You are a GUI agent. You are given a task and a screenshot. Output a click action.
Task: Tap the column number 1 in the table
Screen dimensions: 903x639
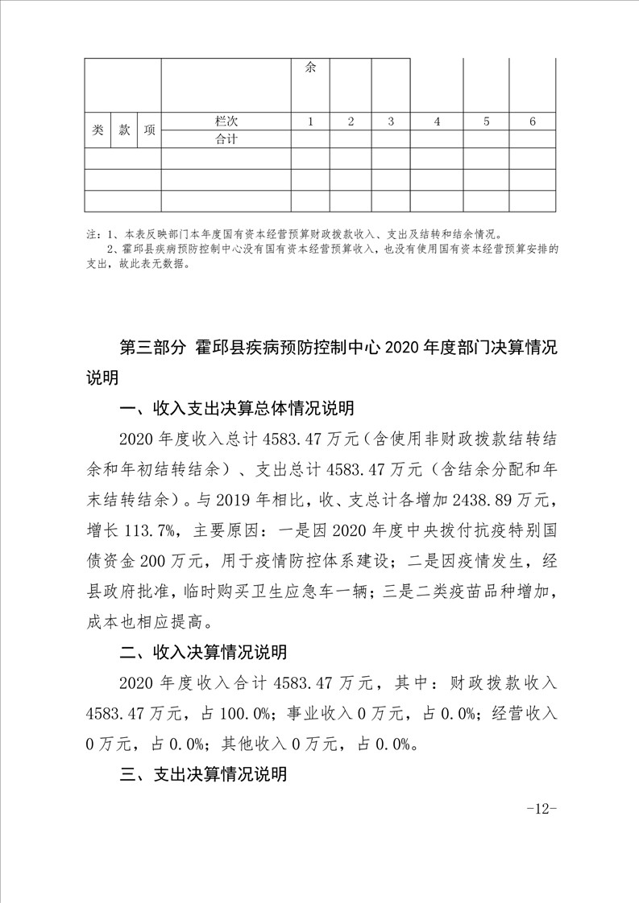[x=310, y=122]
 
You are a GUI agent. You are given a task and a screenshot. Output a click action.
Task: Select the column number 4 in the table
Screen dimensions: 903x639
[x=437, y=122]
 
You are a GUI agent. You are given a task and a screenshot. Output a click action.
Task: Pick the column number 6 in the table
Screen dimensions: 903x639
[x=533, y=122]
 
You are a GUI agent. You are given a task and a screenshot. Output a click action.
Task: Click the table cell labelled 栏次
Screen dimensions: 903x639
[x=226, y=122]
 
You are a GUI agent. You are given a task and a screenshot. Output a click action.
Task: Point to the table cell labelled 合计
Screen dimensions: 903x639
[x=226, y=138]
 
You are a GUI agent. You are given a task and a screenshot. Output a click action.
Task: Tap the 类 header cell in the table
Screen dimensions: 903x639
[x=98, y=130]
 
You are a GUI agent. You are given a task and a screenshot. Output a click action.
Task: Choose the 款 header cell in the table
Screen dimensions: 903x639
[x=124, y=130]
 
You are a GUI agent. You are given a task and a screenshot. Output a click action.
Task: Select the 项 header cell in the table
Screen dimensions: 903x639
[x=149, y=130]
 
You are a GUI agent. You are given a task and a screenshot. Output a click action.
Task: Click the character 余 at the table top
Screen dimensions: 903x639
[x=310, y=68]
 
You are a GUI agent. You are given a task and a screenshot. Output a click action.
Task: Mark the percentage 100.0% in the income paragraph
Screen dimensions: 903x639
[x=249, y=713]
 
